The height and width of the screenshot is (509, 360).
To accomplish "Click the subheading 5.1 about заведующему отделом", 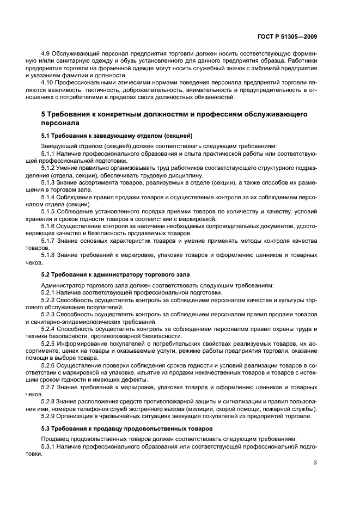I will [x=117, y=135].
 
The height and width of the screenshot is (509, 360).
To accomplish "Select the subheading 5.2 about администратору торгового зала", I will [x=115, y=274].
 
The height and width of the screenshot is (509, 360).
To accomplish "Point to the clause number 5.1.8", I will [x=50, y=254].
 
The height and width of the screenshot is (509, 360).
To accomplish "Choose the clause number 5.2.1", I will [x=50, y=292].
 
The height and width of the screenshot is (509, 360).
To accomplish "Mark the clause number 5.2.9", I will [x=50, y=416].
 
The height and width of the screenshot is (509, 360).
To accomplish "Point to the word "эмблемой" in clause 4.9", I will [x=260, y=69].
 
